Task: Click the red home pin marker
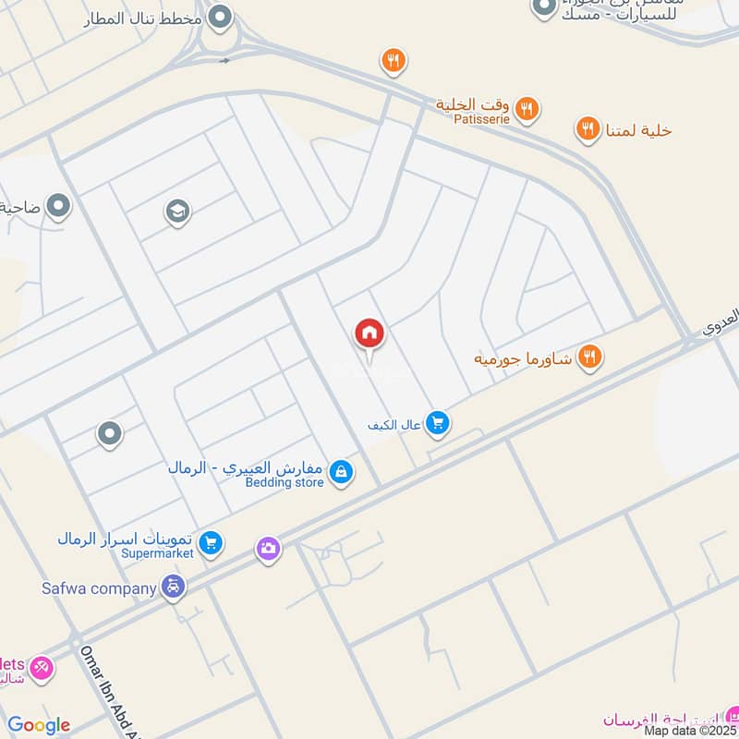[x=369, y=334]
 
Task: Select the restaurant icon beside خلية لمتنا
[x=588, y=130]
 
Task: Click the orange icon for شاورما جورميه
[x=589, y=357]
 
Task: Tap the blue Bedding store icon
[x=341, y=472]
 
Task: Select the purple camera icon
[x=268, y=549]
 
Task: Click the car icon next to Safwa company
[x=173, y=586]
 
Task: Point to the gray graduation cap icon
[x=177, y=212]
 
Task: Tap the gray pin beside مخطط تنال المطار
[x=220, y=16]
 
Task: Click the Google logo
[x=39, y=725]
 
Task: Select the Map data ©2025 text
[x=690, y=730]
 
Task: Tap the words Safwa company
[x=99, y=588]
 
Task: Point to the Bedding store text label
[x=285, y=482]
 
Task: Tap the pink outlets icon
[x=41, y=668]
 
